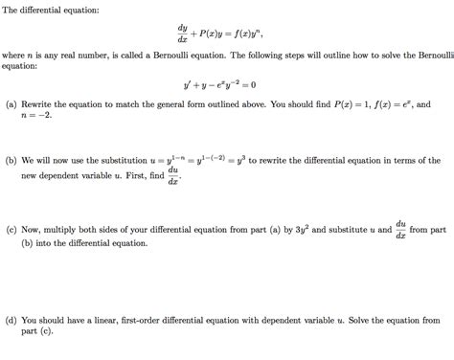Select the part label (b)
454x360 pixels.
coord(11,161)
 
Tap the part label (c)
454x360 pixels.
coord(11,231)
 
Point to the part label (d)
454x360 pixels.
coord(11,320)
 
